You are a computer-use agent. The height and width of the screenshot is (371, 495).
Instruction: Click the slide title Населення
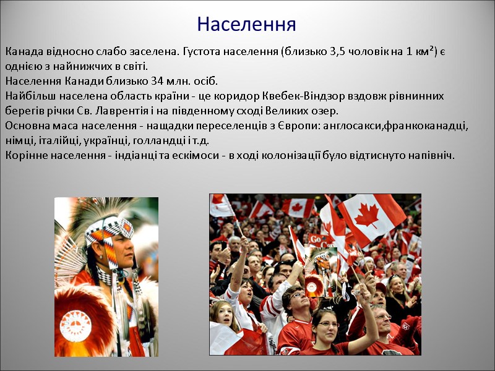[x=246, y=24]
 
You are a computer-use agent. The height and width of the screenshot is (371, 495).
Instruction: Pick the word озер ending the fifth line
[x=326, y=111]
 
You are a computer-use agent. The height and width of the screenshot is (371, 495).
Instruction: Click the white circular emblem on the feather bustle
[x=75, y=322]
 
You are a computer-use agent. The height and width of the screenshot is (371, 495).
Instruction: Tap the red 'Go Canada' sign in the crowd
[x=317, y=239]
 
